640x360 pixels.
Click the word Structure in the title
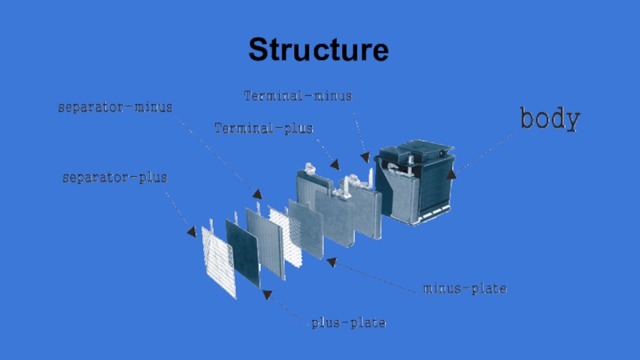(318, 50)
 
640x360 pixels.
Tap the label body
(550, 119)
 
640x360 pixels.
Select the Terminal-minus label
(298, 96)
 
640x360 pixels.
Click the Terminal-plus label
(264, 128)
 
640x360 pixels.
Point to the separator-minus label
(115, 106)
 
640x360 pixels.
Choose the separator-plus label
(115, 178)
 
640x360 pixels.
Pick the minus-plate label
(464, 288)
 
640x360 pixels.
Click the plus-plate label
(349, 323)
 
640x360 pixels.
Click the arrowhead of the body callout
(452, 172)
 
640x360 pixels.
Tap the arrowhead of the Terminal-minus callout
(366, 158)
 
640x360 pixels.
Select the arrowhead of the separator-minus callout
(257, 194)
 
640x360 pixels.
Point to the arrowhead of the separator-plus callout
(192, 232)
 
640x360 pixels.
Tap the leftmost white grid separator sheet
(218, 260)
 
